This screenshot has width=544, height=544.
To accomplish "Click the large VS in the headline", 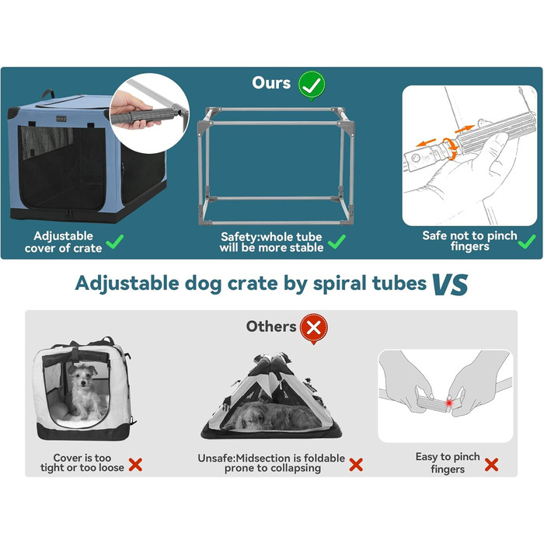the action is pos(451,284).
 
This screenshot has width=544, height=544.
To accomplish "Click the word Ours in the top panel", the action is pos(271,83).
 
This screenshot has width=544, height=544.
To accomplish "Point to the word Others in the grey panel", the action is pos(271,326).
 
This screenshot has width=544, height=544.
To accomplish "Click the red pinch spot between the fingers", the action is pos(449,403).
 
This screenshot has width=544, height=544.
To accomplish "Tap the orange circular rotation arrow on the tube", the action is pos(449,148).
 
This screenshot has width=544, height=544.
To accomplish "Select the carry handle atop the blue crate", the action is pos(48,94).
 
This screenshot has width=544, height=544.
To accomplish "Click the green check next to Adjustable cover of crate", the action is pos(114,242).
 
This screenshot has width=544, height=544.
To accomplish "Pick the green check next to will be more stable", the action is pos(337,242).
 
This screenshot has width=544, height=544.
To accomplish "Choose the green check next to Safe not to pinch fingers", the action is pos(527,242).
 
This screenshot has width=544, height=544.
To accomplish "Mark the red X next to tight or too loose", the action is pos(135,465).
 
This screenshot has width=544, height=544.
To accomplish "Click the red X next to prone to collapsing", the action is pos(356,465).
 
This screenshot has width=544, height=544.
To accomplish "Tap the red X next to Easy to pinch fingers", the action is pos(491,465).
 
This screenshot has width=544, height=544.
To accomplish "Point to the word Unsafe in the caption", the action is pos(216,459).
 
